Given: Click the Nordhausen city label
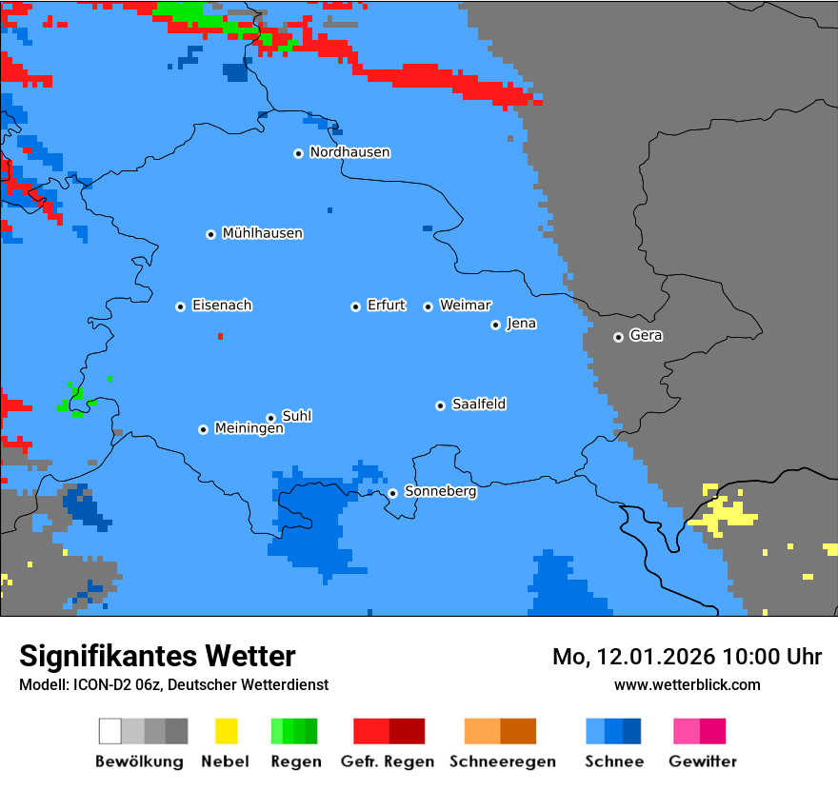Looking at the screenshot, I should [x=349, y=152].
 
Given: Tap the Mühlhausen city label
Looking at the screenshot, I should [x=262, y=233].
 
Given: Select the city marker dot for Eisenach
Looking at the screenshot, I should [x=180, y=306].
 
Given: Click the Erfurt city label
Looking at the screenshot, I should [x=386, y=306].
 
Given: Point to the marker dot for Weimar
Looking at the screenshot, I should [x=428, y=306].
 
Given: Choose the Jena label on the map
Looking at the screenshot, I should [x=521, y=324].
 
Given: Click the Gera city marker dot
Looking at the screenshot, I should [x=618, y=337].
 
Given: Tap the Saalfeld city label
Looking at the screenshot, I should [x=478, y=405].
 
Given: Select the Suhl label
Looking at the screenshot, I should [x=296, y=416].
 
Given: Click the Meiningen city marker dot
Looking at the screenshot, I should [x=203, y=429].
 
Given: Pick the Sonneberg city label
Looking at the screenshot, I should [x=440, y=492].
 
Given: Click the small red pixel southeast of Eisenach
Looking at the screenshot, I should [x=220, y=336].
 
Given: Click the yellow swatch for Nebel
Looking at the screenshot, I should [x=226, y=731].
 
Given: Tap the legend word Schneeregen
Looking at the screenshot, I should [x=503, y=761].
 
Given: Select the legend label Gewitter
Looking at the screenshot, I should [x=703, y=761].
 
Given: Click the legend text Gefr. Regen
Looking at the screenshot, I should [x=388, y=761].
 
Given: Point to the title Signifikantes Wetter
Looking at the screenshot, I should [x=157, y=656].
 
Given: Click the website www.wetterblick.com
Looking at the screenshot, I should [x=687, y=684].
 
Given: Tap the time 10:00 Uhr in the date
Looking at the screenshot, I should [x=771, y=657].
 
